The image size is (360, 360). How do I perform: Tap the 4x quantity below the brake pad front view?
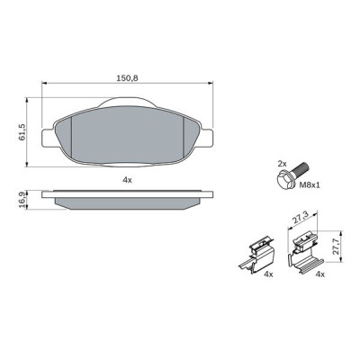pos(127,180)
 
